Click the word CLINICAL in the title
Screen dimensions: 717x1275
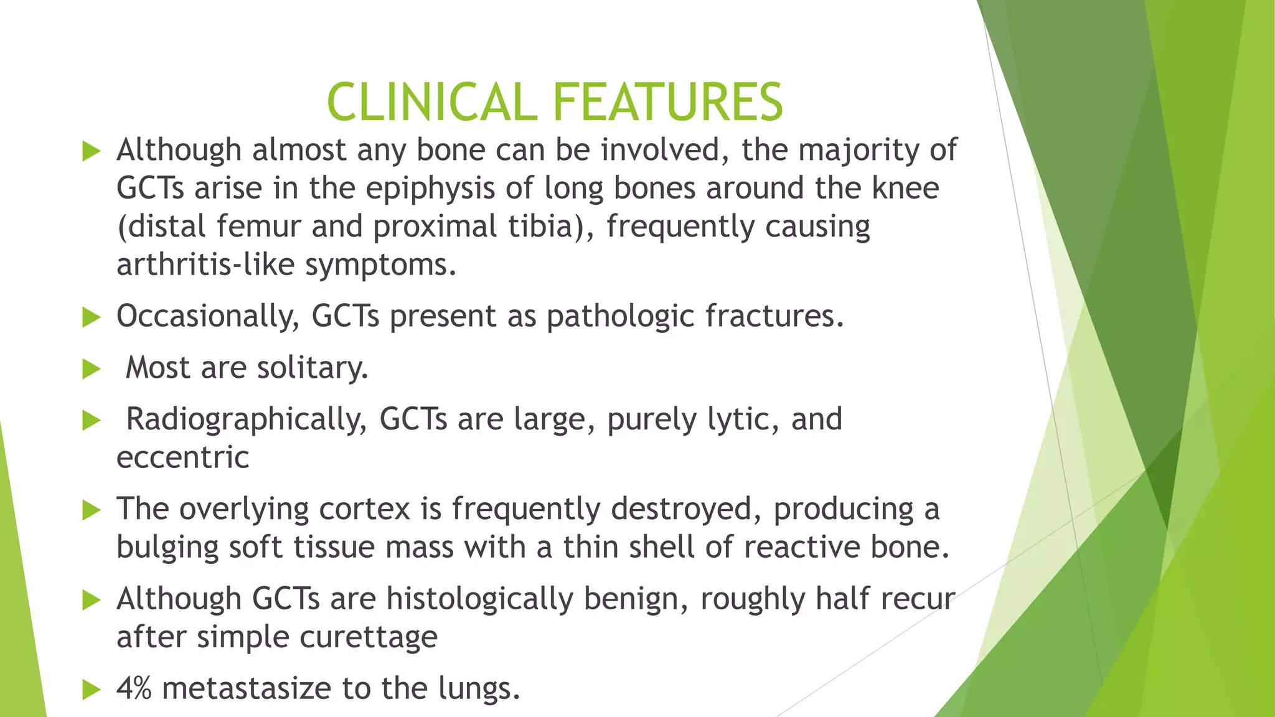click(x=431, y=103)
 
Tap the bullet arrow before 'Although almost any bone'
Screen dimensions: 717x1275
click(x=91, y=151)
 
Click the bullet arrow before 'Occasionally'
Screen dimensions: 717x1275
click(x=91, y=317)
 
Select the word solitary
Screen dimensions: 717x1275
click(x=313, y=368)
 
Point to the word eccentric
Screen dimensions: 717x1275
click(x=182, y=458)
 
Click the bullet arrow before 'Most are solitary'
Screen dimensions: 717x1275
click(x=91, y=369)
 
